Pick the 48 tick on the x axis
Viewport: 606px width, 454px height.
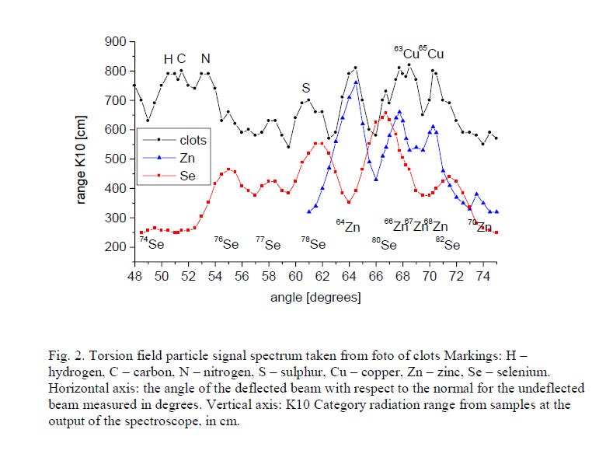click(x=134, y=276)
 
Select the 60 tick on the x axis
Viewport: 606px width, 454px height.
click(x=294, y=276)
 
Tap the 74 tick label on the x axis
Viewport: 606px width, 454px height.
click(x=482, y=276)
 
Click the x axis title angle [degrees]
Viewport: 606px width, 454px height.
click(x=315, y=298)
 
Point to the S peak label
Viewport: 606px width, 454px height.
click(x=306, y=88)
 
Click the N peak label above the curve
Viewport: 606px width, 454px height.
click(x=205, y=59)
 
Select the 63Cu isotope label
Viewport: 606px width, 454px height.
click(x=406, y=54)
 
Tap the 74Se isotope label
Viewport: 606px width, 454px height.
click(x=151, y=243)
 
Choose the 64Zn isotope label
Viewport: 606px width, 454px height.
click(x=348, y=227)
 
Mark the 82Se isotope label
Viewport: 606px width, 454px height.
click(x=448, y=244)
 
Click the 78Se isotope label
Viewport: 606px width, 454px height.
click(x=313, y=243)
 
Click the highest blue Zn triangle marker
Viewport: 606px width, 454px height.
click(x=356, y=82)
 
